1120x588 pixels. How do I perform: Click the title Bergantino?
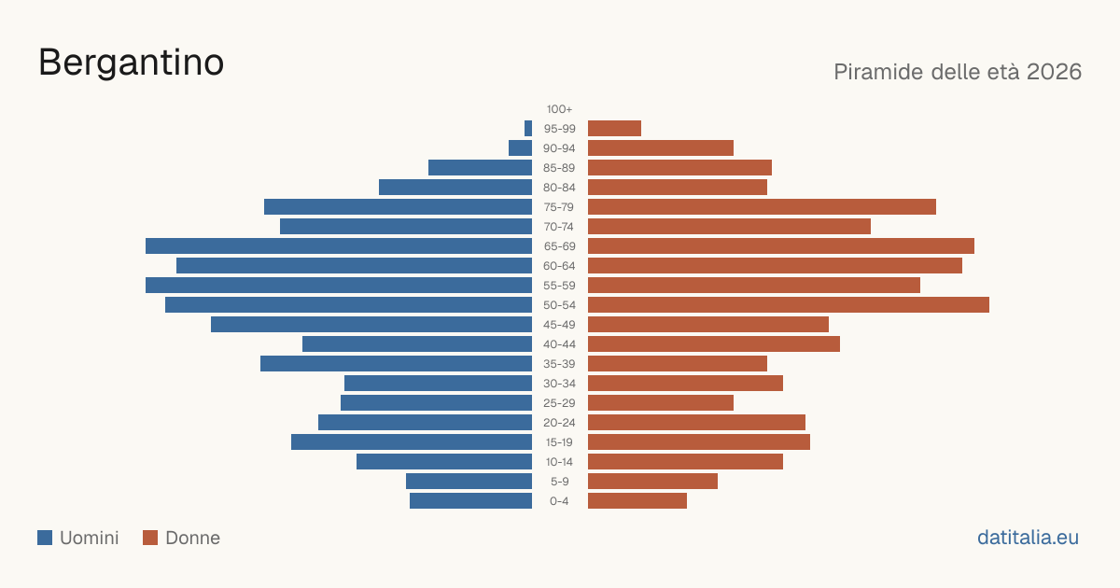[x=131, y=63]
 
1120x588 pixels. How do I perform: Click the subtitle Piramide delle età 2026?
[x=958, y=72]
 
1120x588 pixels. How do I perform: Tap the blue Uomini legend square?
[x=45, y=538]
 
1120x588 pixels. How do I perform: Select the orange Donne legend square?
[x=150, y=538]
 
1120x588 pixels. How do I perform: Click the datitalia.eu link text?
[x=1028, y=538]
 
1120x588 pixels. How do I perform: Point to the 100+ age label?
[x=559, y=109]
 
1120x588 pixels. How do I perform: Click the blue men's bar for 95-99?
[x=528, y=129]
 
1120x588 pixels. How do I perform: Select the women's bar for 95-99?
[x=614, y=129]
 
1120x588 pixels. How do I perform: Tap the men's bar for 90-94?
[x=520, y=148]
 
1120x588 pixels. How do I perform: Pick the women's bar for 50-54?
[x=789, y=305]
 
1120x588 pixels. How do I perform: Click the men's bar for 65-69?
[x=339, y=246]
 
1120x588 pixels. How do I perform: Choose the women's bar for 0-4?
[x=637, y=501]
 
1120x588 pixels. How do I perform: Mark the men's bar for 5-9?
[x=469, y=482]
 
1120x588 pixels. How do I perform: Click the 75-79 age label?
[x=559, y=207]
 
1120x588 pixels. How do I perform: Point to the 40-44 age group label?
[x=559, y=344]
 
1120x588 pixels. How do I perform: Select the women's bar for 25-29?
[x=661, y=403]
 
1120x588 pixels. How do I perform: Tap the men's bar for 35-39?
[x=396, y=363]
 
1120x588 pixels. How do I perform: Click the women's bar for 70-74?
[x=729, y=227]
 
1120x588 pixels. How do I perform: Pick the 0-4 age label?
[x=559, y=501]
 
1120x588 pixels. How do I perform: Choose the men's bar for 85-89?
[x=480, y=167]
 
